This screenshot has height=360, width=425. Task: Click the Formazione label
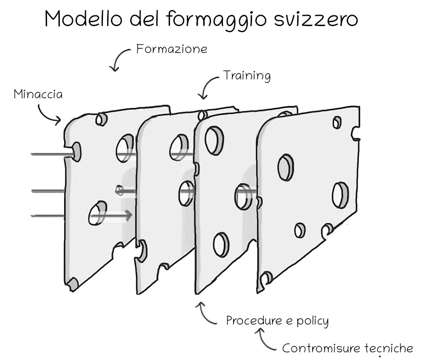tap(172, 49)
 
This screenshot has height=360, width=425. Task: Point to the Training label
tap(247, 76)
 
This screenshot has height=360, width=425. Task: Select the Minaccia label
tap(38, 94)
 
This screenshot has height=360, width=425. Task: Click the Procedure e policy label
tap(277, 320)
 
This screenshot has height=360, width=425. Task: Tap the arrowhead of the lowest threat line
tap(128, 216)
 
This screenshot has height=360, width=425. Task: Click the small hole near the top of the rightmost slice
tap(337, 122)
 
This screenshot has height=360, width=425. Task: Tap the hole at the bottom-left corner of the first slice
tap(73, 283)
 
